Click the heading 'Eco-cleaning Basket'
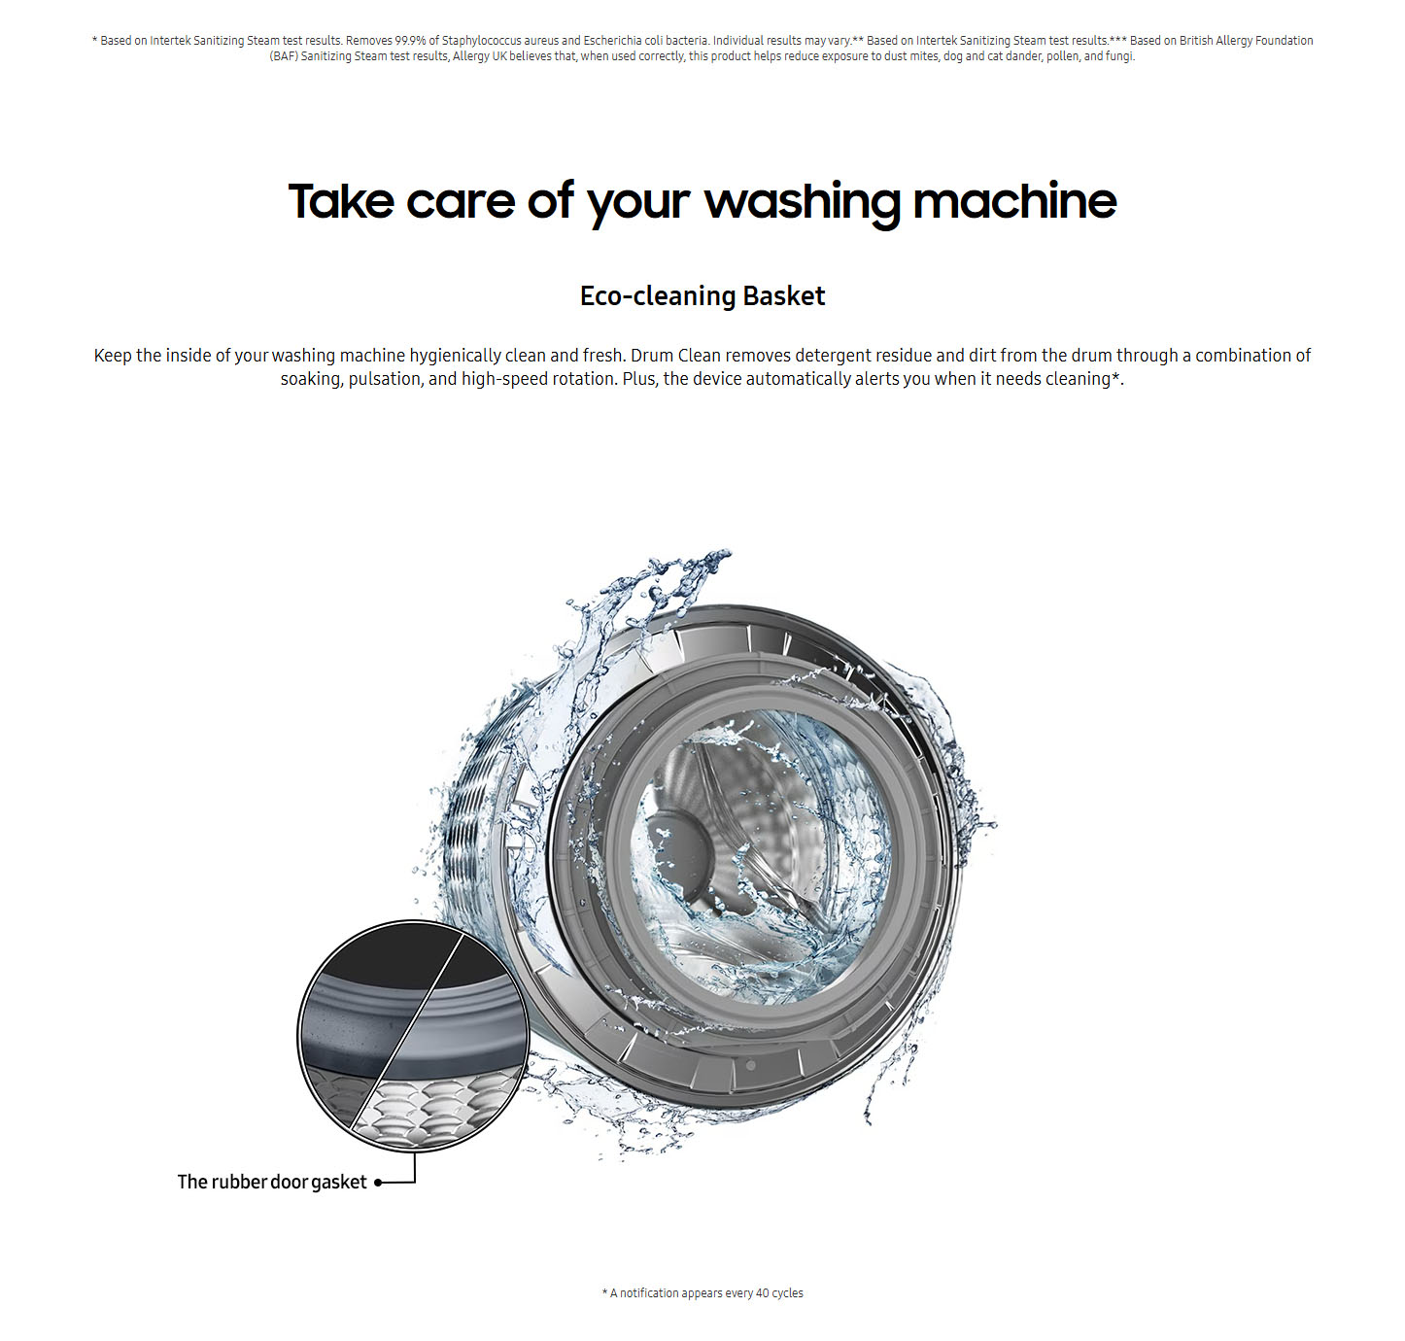[x=702, y=296]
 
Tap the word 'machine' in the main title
[x=1014, y=201]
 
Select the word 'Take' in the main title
[x=340, y=201]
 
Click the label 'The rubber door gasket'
[x=271, y=1182]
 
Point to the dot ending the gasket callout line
[x=378, y=1183]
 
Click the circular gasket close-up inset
[x=413, y=1037]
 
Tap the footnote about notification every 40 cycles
[x=702, y=1292]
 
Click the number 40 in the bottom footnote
[x=762, y=1292]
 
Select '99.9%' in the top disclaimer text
[x=410, y=41]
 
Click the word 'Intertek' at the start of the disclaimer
[x=170, y=41]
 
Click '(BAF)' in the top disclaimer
[x=284, y=56]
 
